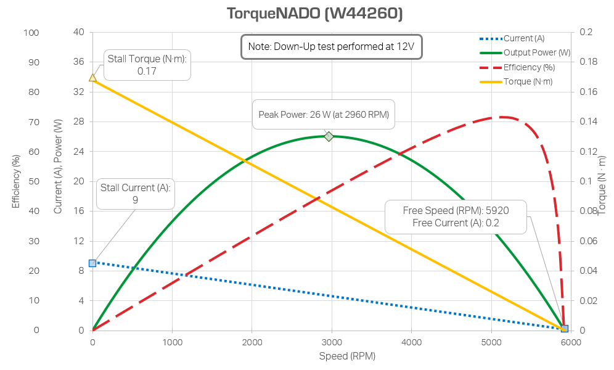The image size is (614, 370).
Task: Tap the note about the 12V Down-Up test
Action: click(x=331, y=47)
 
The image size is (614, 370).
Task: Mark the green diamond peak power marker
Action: click(x=329, y=136)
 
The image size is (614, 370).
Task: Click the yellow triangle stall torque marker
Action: click(x=92, y=78)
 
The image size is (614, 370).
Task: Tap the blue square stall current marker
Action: click(x=92, y=263)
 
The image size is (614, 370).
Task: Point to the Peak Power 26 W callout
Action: click(x=324, y=114)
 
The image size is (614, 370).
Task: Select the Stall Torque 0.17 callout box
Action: click(x=147, y=65)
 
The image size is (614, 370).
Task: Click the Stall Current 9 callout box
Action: click(x=135, y=194)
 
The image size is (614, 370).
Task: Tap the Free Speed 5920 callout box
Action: click(x=456, y=216)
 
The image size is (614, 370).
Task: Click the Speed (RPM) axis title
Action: click(x=347, y=356)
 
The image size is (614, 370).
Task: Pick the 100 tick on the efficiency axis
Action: click(x=31, y=33)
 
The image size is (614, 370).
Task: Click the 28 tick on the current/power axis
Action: click(x=78, y=122)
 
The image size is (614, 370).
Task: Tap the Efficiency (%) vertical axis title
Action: click(x=17, y=181)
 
